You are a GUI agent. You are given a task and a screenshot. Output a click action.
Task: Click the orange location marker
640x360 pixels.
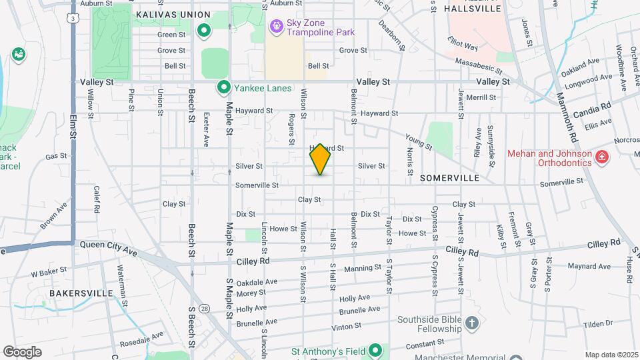pyautogui.click(x=320, y=159)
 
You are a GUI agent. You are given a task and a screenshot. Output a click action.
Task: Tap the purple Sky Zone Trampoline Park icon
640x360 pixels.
pyautogui.click(x=275, y=27)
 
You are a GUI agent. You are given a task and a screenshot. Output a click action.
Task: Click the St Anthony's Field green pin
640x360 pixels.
pyautogui.click(x=375, y=350)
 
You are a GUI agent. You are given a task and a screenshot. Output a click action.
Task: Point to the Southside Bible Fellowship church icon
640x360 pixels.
pyautogui.click(x=472, y=324)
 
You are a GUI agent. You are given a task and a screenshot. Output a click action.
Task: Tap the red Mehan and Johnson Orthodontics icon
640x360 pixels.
pyautogui.click(x=602, y=157)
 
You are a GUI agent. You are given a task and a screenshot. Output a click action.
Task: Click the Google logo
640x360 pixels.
pyautogui.click(x=22, y=351)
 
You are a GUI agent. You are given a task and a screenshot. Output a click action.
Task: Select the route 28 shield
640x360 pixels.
pyautogui.click(x=205, y=308)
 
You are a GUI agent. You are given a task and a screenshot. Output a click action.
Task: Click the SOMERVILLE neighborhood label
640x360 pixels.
pyautogui.click(x=450, y=179)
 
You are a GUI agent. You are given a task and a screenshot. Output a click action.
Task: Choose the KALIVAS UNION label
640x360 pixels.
pyautogui.click(x=173, y=15)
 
